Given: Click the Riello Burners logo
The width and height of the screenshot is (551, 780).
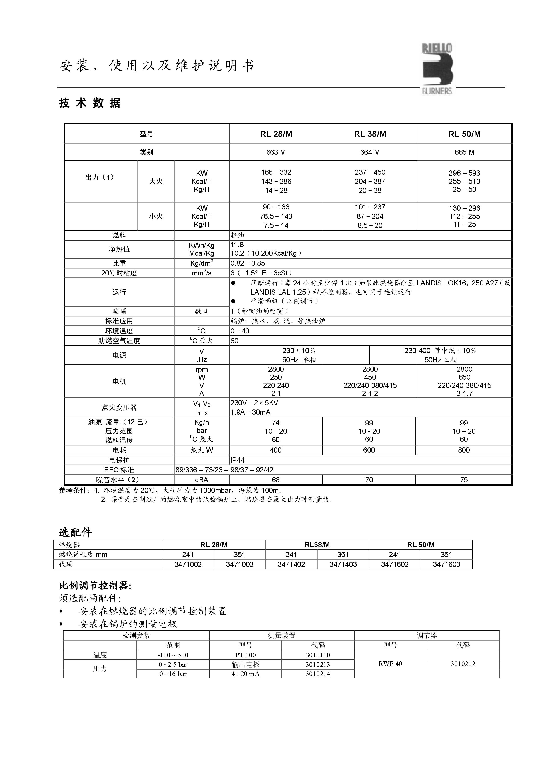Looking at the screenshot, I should pyautogui.click(x=437, y=69).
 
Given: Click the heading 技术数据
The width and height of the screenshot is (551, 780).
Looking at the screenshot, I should pyautogui.click(x=90, y=103).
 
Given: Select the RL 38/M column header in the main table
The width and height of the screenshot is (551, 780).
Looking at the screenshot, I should pyautogui.click(x=370, y=134).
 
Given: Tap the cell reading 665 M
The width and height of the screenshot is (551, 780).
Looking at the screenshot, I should pyautogui.click(x=464, y=152).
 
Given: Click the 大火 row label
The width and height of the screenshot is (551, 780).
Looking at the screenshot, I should pyautogui.click(x=156, y=181).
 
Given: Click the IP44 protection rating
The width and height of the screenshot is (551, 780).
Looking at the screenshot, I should pyautogui.click(x=237, y=460).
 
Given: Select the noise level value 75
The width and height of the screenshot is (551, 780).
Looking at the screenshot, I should pyautogui.click(x=464, y=480).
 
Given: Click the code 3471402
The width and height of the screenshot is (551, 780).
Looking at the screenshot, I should pyautogui.click(x=291, y=564).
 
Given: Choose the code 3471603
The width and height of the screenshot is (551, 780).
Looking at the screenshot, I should pyautogui.click(x=446, y=564).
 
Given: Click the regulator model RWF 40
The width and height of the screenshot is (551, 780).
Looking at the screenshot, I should pyautogui.click(x=390, y=664).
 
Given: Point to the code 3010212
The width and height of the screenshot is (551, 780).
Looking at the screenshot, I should pyautogui.click(x=463, y=664).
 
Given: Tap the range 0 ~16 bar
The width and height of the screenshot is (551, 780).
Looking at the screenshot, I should pyautogui.click(x=173, y=674).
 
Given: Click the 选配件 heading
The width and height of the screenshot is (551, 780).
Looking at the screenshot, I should pyautogui.click(x=75, y=532).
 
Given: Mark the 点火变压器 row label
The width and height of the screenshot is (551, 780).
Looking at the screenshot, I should pyautogui.click(x=119, y=407).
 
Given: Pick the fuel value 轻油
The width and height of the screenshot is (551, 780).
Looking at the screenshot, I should pyautogui.click(x=237, y=235).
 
